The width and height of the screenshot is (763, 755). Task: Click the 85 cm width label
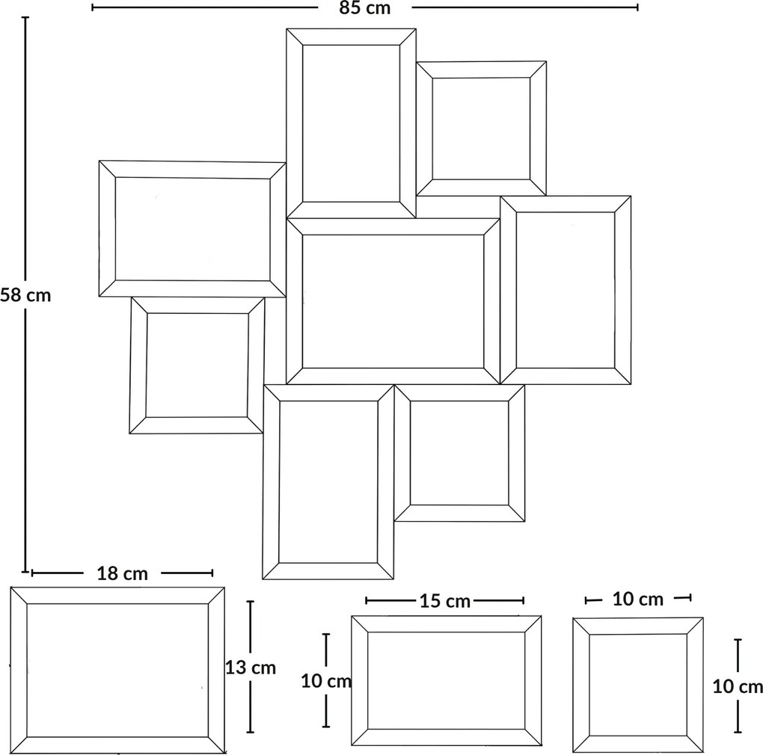click(365, 8)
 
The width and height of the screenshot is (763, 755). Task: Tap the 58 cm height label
click(25, 295)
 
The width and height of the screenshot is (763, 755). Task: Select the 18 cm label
click(122, 573)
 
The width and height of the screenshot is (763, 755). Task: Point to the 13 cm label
click(251, 668)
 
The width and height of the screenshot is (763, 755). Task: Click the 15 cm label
click(445, 601)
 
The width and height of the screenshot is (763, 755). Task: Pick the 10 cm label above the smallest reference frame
click(637, 600)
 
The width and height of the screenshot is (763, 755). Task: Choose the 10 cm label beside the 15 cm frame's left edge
click(326, 681)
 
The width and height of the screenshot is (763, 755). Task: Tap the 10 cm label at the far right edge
click(738, 686)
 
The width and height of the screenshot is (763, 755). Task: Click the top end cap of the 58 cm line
click(25, 18)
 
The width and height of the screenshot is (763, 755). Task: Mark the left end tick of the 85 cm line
click(93, 7)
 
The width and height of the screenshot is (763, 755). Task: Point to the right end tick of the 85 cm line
click(637, 7)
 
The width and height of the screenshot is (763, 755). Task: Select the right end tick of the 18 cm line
click(212, 573)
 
